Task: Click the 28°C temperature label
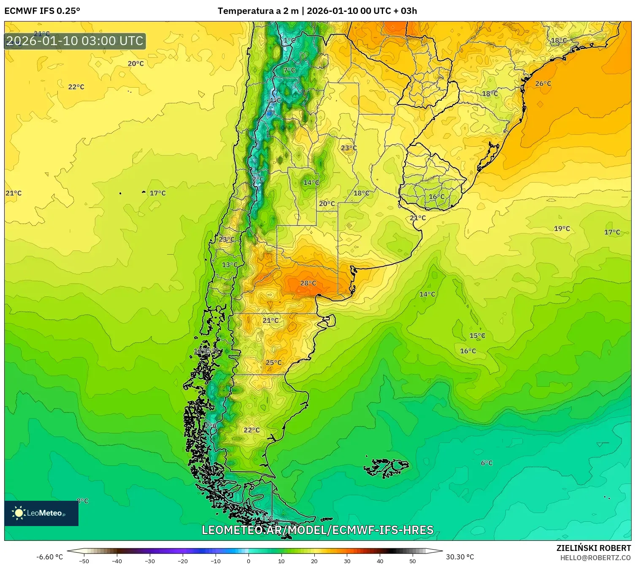pyautogui.click(x=308, y=283)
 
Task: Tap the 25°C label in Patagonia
pyautogui.click(x=273, y=363)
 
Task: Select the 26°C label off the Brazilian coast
pyautogui.click(x=543, y=83)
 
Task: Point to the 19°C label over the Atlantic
pyautogui.click(x=562, y=228)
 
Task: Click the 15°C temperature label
pyautogui.click(x=477, y=336)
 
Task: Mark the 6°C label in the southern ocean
pyautogui.click(x=486, y=463)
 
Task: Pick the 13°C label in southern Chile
pyautogui.click(x=230, y=265)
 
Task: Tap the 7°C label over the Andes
pyautogui.click(x=289, y=70)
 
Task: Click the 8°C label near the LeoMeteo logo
pyautogui.click(x=83, y=501)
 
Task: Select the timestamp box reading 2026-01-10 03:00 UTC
pyautogui.click(x=75, y=41)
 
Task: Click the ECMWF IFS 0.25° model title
pyautogui.click(x=42, y=11)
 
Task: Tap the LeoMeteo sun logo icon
pyautogui.click(x=19, y=513)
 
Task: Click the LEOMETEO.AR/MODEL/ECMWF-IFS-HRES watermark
pyautogui.click(x=317, y=530)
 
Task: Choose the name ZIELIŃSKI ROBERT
pyautogui.click(x=593, y=548)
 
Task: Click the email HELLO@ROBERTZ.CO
pyautogui.click(x=595, y=558)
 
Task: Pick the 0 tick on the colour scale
pyautogui.click(x=249, y=561)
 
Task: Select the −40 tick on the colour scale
pyautogui.click(x=117, y=561)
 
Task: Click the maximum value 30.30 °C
pyautogui.click(x=460, y=557)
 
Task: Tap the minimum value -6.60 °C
pyautogui.click(x=49, y=557)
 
